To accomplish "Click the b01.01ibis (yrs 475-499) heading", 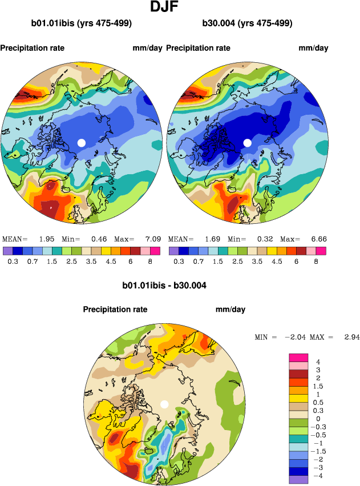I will [x=82, y=23].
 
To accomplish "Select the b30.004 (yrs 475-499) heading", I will [x=247, y=23].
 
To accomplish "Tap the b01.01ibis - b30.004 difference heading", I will [x=164, y=286].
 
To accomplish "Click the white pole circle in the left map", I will [x=81, y=142].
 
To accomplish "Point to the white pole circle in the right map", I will [x=248, y=142].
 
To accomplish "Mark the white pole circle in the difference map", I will [x=164, y=404].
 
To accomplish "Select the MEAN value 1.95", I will [x=46, y=239].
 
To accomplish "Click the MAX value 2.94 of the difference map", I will [x=352, y=338].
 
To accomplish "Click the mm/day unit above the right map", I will [x=313, y=48].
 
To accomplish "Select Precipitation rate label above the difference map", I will [x=115, y=310].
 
